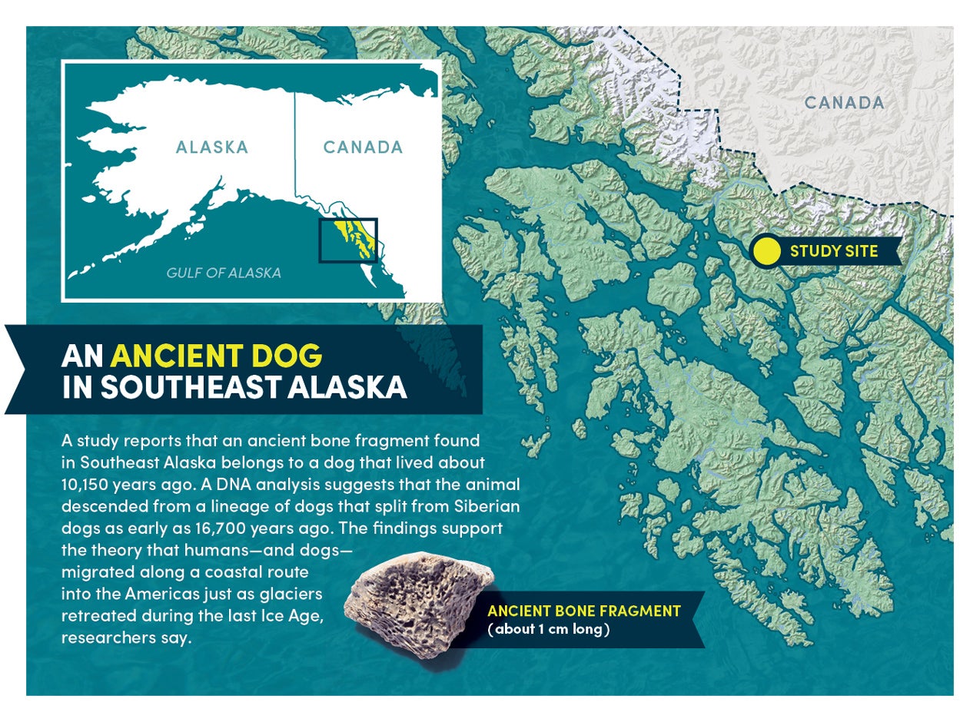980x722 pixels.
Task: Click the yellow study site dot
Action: (766, 251)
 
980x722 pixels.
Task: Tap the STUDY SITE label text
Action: (833, 251)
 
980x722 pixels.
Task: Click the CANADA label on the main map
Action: (844, 102)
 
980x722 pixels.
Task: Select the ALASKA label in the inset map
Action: (212, 147)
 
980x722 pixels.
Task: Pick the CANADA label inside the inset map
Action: (363, 147)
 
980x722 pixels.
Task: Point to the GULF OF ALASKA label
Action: (224, 273)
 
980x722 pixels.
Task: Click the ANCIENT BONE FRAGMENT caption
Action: (584, 611)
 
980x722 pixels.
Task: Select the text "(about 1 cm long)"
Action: (549, 630)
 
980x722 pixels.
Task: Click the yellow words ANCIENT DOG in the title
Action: (216, 356)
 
